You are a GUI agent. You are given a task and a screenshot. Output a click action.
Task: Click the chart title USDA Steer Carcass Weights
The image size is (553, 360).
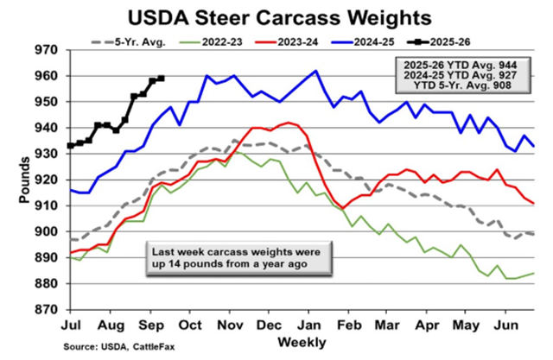(x=276, y=16)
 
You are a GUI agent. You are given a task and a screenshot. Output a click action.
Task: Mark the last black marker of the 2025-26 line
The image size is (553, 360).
(x=162, y=78)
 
